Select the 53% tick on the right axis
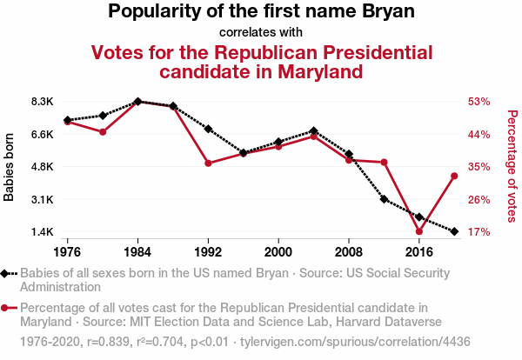click(x=479, y=102)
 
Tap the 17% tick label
click(x=479, y=232)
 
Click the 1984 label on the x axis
click(x=137, y=251)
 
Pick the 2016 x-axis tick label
click(x=419, y=251)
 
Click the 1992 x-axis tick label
click(x=208, y=251)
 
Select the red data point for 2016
click(x=419, y=231)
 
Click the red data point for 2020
click(x=454, y=177)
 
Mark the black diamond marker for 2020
click(x=454, y=231)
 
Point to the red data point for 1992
click(x=208, y=163)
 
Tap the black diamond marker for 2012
click(x=384, y=199)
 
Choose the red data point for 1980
click(x=103, y=132)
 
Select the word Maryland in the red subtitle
click(x=308, y=71)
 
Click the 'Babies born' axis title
click(x=10, y=167)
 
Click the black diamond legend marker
click(x=7, y=273)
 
